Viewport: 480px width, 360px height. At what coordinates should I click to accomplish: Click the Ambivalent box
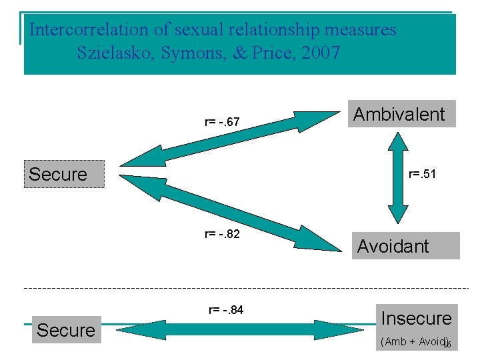coord(399,114)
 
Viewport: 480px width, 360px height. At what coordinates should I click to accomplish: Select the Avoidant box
coord(405,246)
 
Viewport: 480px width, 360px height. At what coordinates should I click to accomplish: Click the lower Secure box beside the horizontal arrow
coord(66,330)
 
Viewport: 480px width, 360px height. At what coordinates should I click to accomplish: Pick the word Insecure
coord(417,319)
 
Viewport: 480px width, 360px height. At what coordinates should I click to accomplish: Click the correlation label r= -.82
coord(222,235)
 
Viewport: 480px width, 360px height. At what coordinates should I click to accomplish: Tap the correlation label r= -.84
coord(226,309)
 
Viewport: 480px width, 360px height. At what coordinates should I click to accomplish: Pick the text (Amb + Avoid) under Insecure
coord(412,341)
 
